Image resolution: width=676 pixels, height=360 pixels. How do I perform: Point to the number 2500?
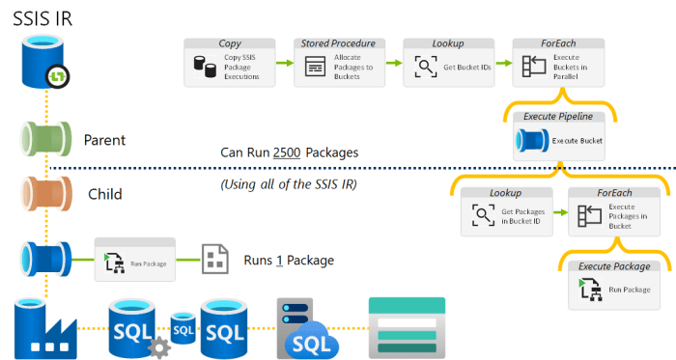point(290,152)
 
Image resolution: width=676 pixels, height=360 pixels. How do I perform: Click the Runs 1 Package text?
point(289,260)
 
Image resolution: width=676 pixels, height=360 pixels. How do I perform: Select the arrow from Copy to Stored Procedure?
point(282,63)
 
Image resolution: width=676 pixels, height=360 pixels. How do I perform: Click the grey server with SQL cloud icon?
point(304,327)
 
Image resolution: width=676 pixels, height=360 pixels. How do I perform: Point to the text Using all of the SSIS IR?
point(289,183)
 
